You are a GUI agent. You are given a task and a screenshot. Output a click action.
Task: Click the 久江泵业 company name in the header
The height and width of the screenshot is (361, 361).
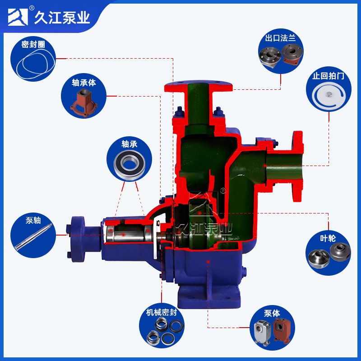click(62, 17)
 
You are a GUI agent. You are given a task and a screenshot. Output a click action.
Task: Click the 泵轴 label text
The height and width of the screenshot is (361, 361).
click(33, 221)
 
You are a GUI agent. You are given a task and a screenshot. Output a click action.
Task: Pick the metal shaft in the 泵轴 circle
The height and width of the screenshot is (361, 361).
click(33, 237)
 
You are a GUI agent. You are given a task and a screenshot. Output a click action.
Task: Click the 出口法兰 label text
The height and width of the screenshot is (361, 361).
click(280, 38)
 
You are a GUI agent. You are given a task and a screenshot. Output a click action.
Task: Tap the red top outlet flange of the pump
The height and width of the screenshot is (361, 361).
click(199, 85)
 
